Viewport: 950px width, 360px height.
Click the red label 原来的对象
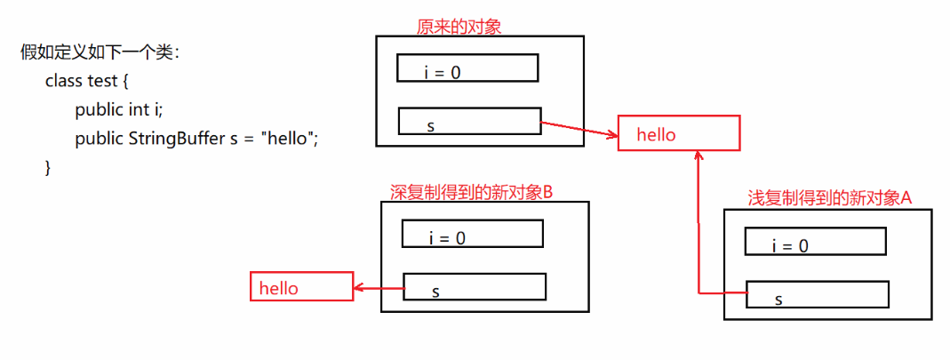tap(459, 27)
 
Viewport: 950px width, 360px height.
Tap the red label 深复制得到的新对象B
tap(472, 192)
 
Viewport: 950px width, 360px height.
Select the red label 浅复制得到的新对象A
tap(830, 197)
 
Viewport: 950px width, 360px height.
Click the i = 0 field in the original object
tap(468, 68)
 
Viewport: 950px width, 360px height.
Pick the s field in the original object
tap(469, 122)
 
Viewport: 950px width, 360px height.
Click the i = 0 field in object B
tap(472, 234)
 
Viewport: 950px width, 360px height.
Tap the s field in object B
tap(475, 286)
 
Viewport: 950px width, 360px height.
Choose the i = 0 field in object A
tap(815, 242)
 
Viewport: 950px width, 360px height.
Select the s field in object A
tap(817, 294)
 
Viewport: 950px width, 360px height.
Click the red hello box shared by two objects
tap(679, 134)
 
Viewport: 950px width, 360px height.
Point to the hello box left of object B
tap(301, 287)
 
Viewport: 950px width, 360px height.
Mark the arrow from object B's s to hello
tap(379, 287)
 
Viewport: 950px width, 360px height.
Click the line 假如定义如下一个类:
tap(100, 52)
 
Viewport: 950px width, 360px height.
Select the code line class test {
tap(87, 81)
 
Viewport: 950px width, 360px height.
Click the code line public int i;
tap(119, 110)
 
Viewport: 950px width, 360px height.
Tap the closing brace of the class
tap(48, 167)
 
